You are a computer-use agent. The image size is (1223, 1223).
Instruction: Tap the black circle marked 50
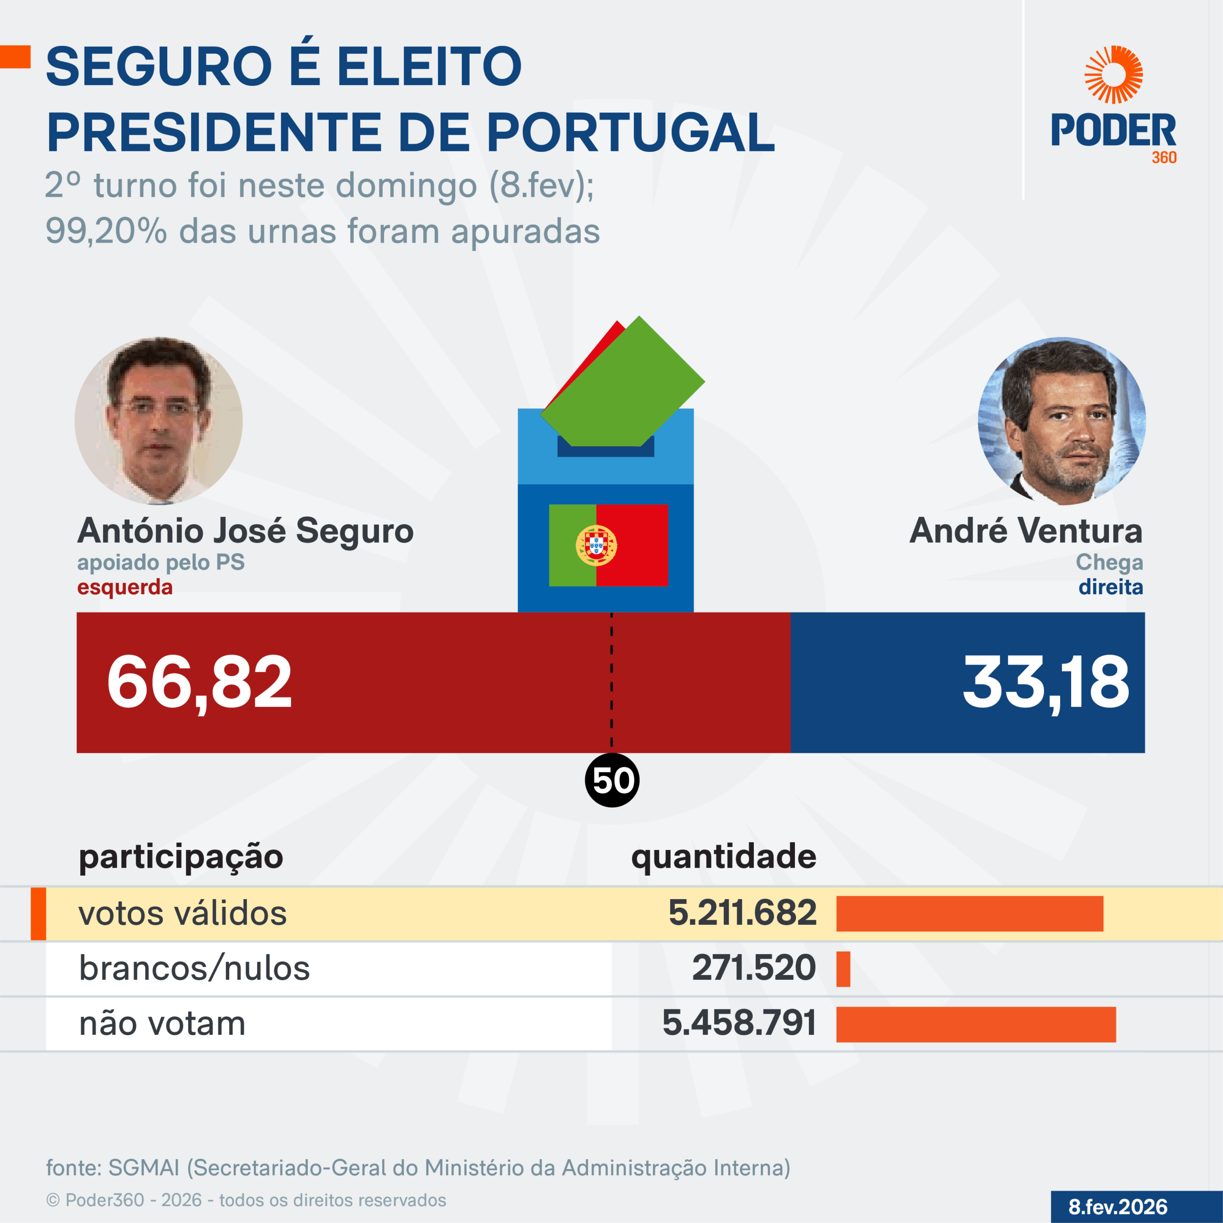coord(612,780)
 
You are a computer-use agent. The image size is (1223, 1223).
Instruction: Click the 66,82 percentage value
coord(199,682)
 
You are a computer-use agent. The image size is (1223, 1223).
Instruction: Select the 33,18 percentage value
coord(1046,682)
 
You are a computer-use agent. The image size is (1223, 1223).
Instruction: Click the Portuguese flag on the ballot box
coord(608,545)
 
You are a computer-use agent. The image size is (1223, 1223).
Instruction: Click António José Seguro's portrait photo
coord(158,421)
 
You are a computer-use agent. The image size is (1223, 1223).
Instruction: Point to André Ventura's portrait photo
coord(1062,421)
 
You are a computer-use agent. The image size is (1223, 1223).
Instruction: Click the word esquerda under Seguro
coord(125,587)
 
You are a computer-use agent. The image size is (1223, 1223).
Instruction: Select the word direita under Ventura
coord(1110,587)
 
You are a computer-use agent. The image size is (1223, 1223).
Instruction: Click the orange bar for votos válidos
coord(969,913)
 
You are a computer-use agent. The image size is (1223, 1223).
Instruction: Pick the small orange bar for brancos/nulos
coord(843,968)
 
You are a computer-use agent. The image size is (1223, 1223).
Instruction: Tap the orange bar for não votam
coord(976,1024)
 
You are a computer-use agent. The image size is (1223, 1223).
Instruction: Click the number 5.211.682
coord(742,913)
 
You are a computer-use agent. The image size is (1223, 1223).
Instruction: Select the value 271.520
coord(753,968)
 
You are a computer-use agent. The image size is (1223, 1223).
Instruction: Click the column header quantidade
coord(724,857)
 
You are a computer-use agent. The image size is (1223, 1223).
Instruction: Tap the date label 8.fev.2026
coord(1118,1207)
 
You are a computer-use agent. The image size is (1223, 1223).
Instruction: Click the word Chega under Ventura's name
coord(1109,562)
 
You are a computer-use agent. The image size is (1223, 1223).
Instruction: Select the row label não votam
coord(162,1024)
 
